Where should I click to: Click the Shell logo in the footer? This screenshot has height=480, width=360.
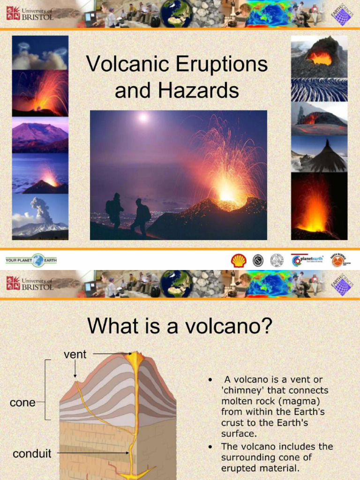239,261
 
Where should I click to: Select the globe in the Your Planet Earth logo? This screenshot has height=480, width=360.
38,260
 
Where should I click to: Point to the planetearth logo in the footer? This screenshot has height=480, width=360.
307,260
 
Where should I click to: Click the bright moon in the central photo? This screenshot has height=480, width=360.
143,117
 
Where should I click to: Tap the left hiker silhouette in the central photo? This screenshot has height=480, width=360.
114,211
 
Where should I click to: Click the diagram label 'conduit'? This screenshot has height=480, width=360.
32,453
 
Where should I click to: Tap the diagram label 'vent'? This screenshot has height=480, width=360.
75,354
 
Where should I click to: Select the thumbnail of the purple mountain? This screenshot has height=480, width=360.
40,135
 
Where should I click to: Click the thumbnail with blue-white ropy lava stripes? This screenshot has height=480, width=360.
319,90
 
